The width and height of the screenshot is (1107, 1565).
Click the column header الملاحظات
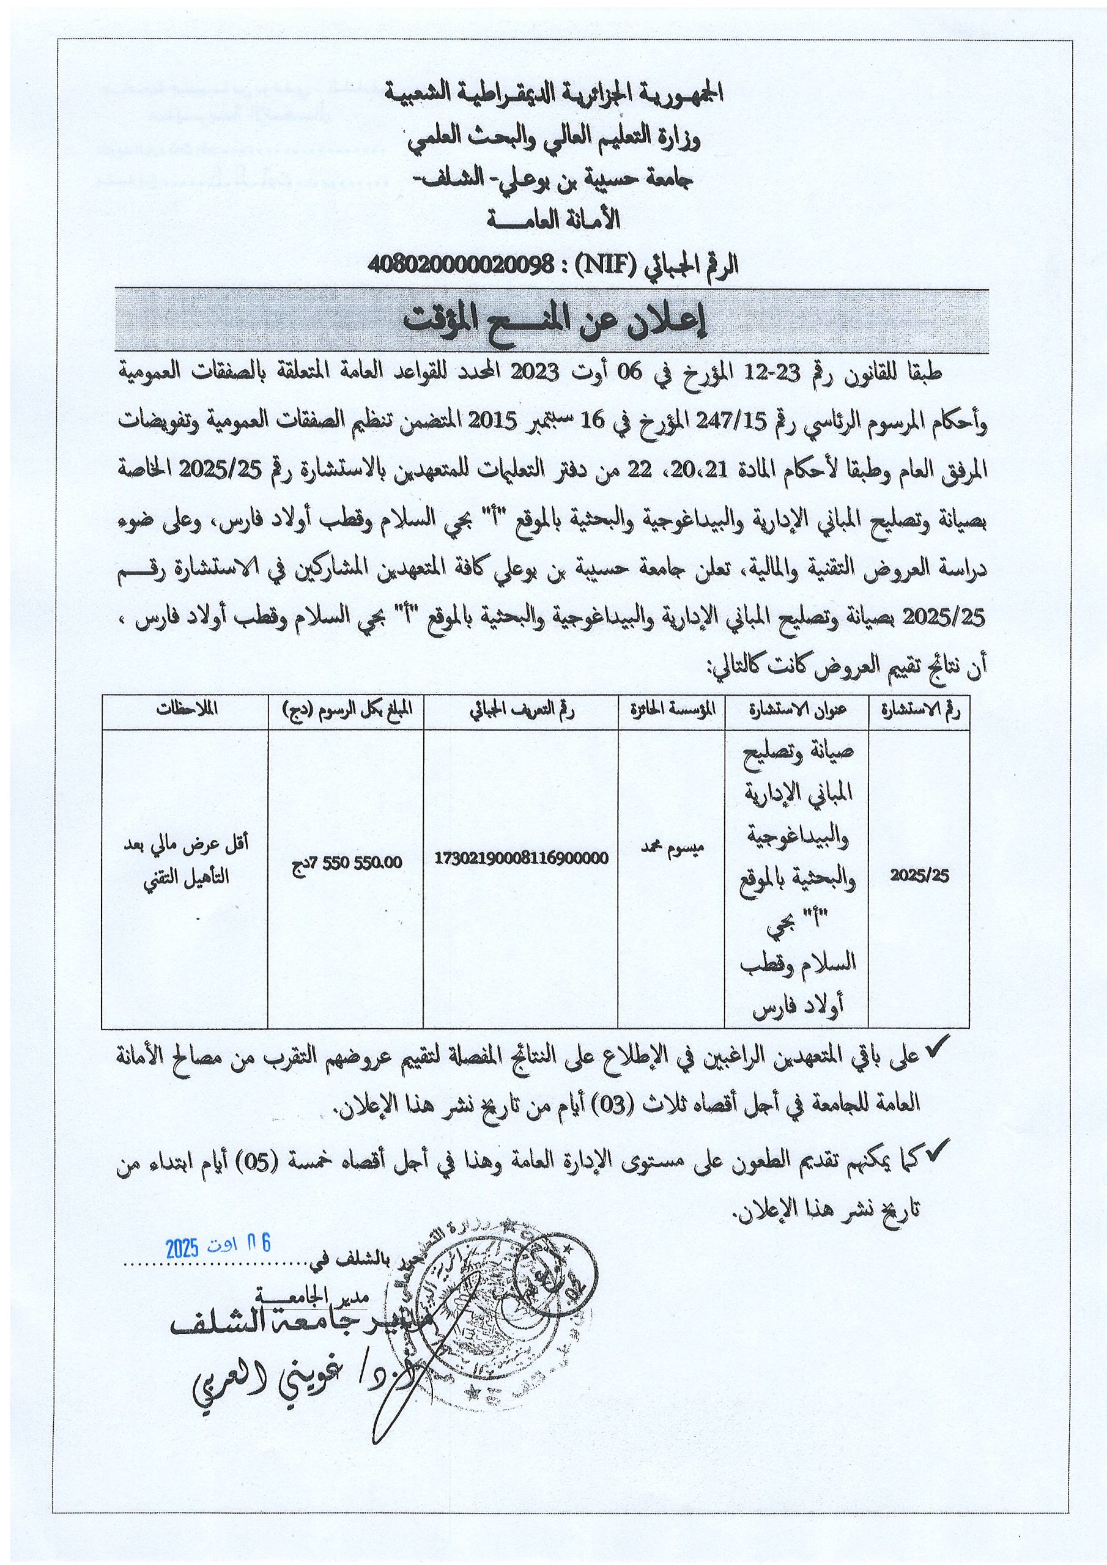coord(185,709)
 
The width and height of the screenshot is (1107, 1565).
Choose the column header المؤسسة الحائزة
coord(671,709)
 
